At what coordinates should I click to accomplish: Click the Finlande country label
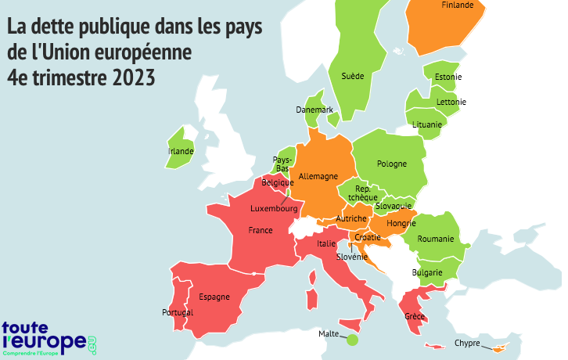coord(458,5)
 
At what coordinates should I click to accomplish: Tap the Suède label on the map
coord(353,77)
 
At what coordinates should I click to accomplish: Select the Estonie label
coord(448,77)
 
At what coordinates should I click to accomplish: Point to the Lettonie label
coord(451,102)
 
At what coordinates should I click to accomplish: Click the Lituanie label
coord(426,125)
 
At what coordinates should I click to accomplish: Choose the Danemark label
coord(315,110)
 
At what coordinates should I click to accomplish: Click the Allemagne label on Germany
coord(317,177)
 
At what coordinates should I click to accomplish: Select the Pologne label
coord(392,164)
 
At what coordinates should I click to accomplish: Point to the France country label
coord(260,231)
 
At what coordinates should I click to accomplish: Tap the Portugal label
coord(178,312)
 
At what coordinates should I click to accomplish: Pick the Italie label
coord(326,244)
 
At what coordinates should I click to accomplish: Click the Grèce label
coord(415,317)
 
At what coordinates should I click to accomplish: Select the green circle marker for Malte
coord(352,340)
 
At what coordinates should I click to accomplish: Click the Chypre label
coord(467,343)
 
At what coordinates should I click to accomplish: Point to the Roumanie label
coord(436,239)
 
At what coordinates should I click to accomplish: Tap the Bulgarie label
coord(428,272)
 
